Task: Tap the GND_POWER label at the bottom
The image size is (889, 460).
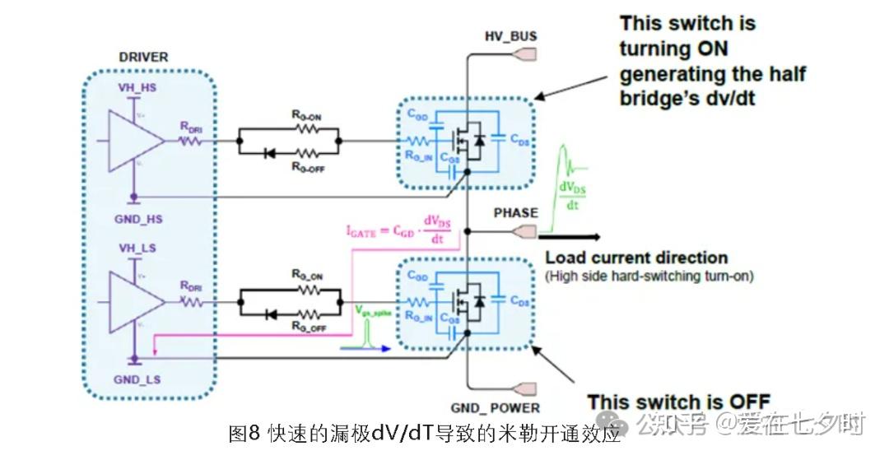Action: point(496,408)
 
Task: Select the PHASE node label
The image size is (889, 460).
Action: point(515,212)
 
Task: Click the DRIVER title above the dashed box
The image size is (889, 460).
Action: point(144,57)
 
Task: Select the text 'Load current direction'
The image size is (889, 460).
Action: point(636,258)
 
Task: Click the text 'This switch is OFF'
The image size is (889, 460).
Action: point(678,402)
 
